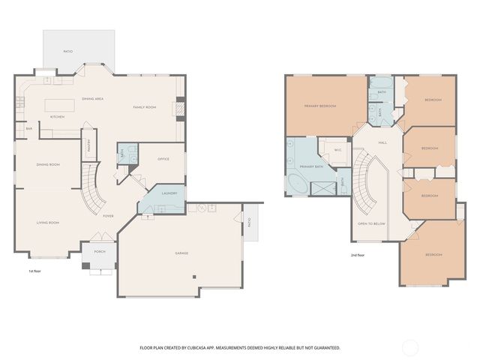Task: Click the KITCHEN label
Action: click(x=57, y=117)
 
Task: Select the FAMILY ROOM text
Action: click(x=145, y=107)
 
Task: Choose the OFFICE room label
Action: click(x=163, y=159)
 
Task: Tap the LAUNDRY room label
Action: click(x=169, y=193)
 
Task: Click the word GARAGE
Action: click(x=182, y=253)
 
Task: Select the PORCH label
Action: click(x=100, y=251)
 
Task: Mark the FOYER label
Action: click(x=108, y=216)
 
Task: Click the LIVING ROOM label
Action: click(x=48, y=222)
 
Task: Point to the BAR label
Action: click(x=29, y=128)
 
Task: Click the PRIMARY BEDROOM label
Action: click(x=319, y=106)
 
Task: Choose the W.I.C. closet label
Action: click(x=337, y=149)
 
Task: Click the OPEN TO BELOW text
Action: click(x=371, y=223)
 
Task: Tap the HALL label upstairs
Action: click(x=382, y=142)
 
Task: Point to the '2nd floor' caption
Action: click(x=358, y=255)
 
